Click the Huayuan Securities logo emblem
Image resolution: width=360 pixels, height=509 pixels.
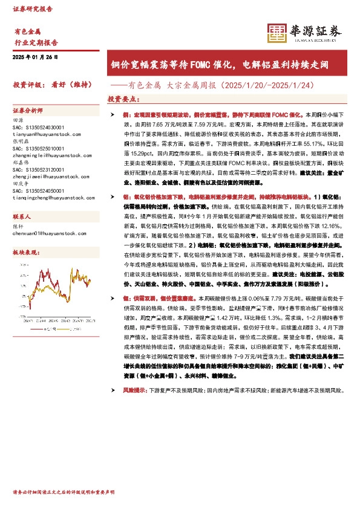(278, 33)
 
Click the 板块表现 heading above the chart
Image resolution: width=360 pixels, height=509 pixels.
(26, 251)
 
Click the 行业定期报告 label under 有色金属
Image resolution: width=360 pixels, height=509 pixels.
(35, 43)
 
